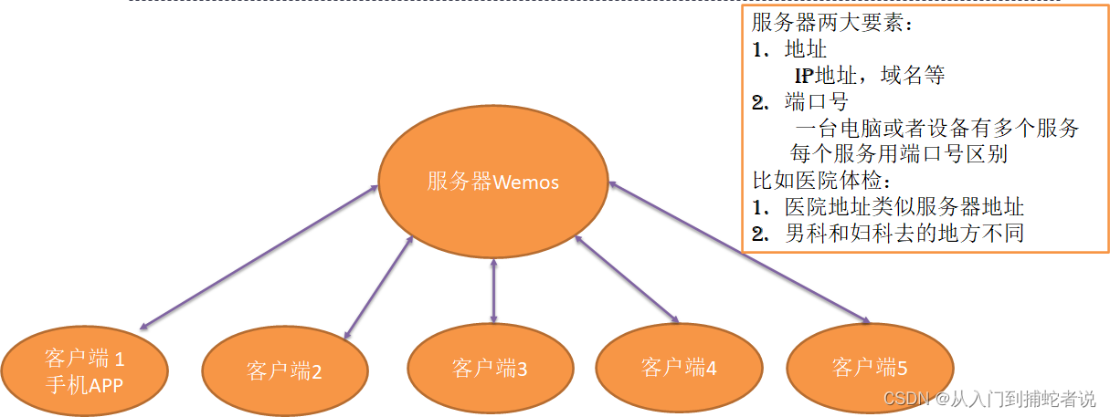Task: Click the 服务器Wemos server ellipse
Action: click(x=493, y=182)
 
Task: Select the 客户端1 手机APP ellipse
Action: click(x=84, y=370)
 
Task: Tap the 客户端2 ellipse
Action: click(x=284, y=370)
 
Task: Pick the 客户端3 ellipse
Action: click(x=490, y=369)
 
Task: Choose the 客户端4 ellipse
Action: click(x=679, y=368)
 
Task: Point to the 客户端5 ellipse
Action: click(x=869, y=368)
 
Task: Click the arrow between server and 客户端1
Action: click(x=260, y=256)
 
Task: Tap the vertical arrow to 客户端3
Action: click(x=493, y=290)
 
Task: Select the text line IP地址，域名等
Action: click(x=869, y=76)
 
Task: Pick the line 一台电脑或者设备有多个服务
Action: click(x=937, y=128)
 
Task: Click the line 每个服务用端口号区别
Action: click(x=898, y=154)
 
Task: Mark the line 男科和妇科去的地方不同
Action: click(x=904, y=233)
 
